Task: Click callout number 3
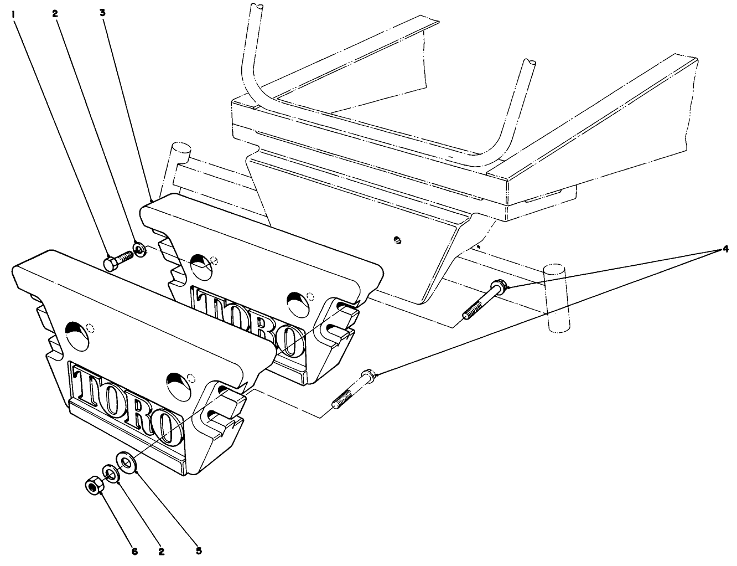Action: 103,12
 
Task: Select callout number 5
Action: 199,550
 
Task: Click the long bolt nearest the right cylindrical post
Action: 485,301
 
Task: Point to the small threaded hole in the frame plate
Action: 396,239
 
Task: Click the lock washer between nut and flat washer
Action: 111,474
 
